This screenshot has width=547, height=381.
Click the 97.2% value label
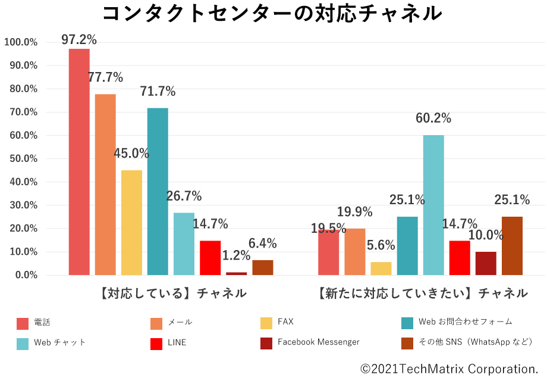click(79, 40)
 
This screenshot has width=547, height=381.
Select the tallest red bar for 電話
click(79, 161)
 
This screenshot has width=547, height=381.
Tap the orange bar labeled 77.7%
click(105, 185)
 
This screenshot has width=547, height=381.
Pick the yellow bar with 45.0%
click(131, 223)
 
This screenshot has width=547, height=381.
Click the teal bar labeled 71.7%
click(158, 190)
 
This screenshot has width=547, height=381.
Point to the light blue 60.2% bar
click(433, 205)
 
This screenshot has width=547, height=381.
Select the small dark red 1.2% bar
click(236, 274)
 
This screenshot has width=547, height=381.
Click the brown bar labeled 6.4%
click(262, 268)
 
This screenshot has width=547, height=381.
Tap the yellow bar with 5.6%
click(381, 268)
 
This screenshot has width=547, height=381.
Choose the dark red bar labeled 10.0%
click(486, 263)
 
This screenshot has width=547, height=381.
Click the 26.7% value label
click(184, 196)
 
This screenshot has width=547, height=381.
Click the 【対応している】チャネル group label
click(172, 293)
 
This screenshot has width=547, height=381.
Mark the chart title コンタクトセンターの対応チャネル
click(272, 13)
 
